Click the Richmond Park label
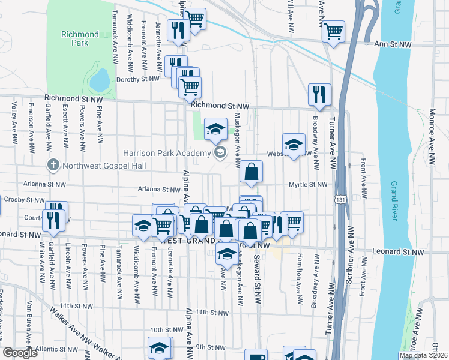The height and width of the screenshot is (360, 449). pos(79,38)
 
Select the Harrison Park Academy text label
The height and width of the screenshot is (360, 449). pos(167,154)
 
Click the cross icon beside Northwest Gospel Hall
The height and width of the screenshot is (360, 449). pos(53,164)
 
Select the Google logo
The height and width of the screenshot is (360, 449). pos(20,353)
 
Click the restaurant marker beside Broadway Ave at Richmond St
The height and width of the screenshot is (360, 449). pos(319,94)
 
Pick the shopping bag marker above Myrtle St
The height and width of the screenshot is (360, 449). pos(252,172)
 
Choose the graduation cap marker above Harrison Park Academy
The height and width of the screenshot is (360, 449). pos(215,128)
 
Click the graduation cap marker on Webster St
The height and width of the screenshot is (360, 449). pos(294,145)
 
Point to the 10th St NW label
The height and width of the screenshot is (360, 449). pos(161,330)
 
